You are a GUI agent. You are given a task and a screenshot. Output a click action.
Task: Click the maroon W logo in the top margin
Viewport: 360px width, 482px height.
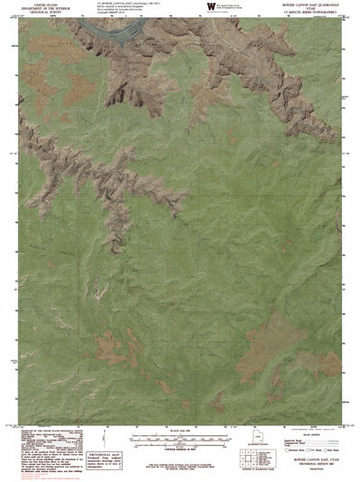point(211,7)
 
